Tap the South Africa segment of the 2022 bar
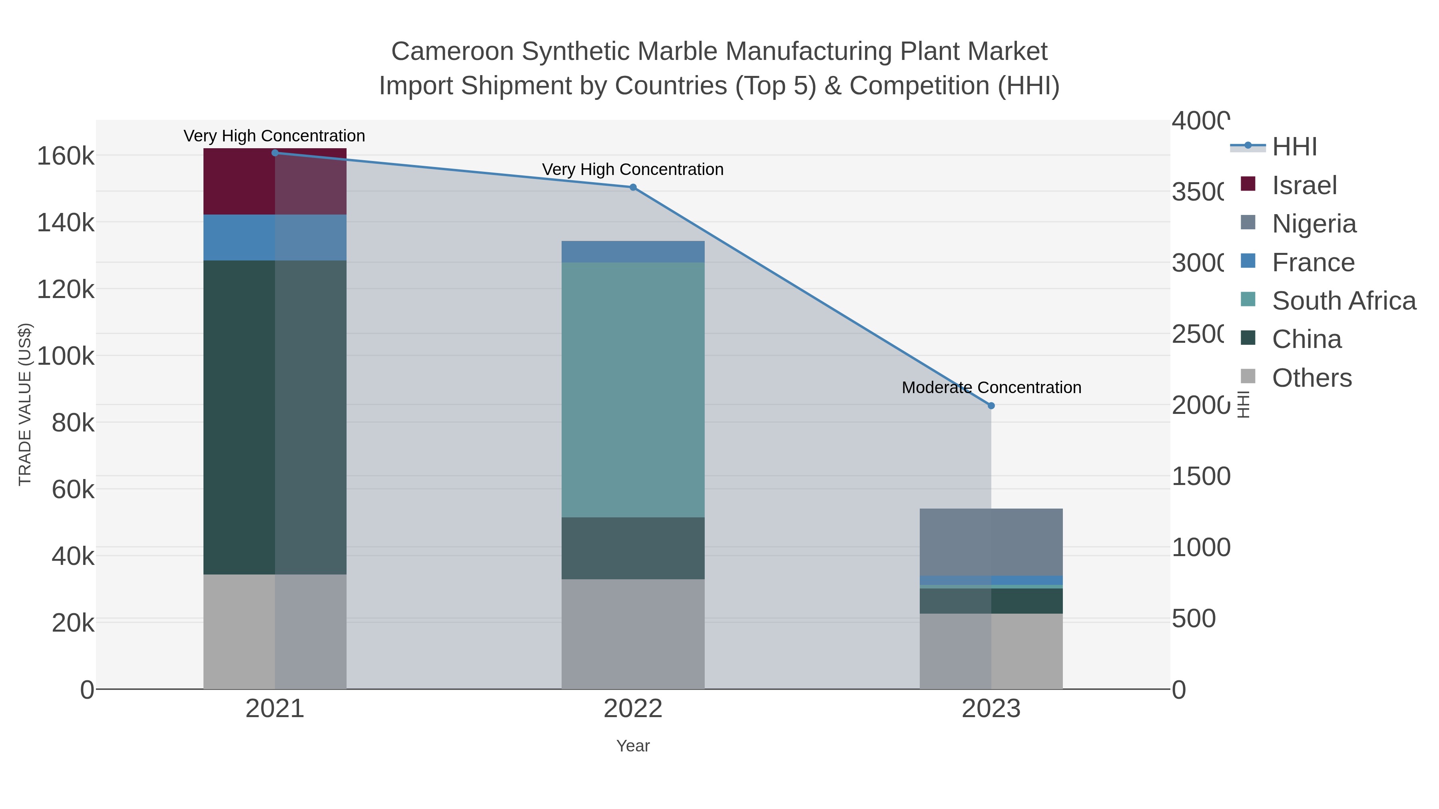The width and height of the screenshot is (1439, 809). pyautogui.click(x=632, y=390)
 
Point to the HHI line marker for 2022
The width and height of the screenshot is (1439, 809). pyautogui.click(x=632, y=188)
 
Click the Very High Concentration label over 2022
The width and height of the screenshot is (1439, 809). pyautogui.click(x=632, y=169)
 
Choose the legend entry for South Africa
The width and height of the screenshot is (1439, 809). pyautogui.click(x=1343, y=301)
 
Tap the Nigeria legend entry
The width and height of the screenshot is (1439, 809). pyautogui.click(x=1313, y=224)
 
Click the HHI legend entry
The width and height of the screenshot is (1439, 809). pyautogui.click(x=1294, y=147)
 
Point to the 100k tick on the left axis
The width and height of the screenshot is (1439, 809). pyautogui.click(x=66, y=356)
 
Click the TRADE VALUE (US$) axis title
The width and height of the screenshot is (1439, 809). pyautogui.click(x=25, y=404)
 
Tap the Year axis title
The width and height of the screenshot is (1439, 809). pyautogui.click(x=632, y=746)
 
